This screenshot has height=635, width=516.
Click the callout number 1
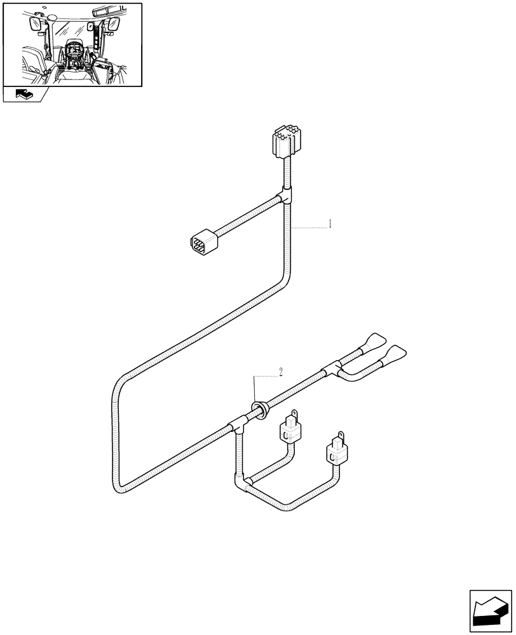tap(330, 224)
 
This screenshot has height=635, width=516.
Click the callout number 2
tap(280, 371)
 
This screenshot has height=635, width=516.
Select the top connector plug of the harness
tap(283, 141)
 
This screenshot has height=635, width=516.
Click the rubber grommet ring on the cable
tap(260, 407)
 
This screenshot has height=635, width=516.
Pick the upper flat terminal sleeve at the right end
tap(372, 343)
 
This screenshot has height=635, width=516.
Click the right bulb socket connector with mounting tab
tap(336, 450)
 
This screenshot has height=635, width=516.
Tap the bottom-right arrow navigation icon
tap(490, 611)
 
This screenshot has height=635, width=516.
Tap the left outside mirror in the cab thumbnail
tap(34, 25)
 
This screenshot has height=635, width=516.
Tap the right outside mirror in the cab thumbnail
tap(114, 25)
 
